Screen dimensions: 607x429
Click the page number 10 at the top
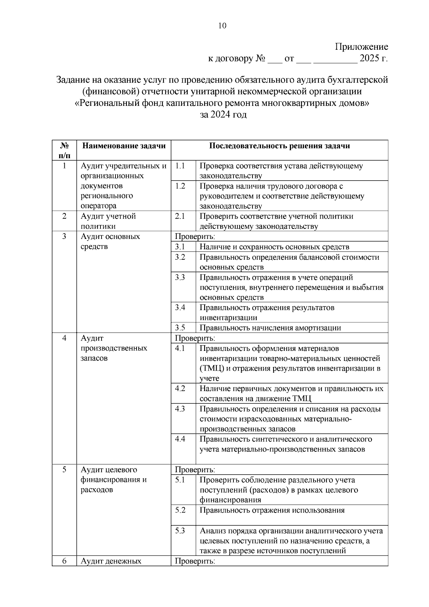222,26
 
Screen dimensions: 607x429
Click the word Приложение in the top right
361,47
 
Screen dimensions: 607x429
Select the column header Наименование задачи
124,146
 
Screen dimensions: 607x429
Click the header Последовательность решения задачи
279,146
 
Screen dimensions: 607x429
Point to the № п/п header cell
64,150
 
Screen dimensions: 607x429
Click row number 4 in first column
64,338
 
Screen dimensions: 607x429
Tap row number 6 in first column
64,561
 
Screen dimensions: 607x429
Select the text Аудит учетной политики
108,221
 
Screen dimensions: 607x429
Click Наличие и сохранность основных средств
274,247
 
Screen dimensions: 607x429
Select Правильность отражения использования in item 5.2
272,510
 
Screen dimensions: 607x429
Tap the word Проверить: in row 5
195,470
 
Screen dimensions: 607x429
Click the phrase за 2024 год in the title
223,115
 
